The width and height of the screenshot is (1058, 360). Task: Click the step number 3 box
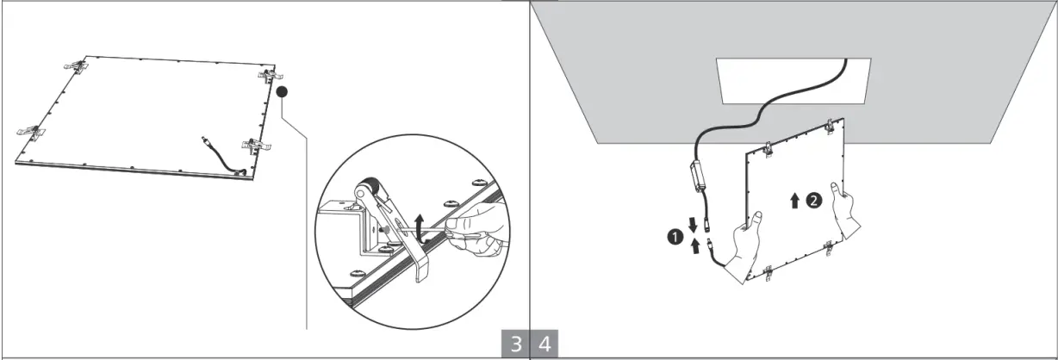[x=515, y=344]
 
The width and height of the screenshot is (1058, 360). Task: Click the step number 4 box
[x=544, y=344]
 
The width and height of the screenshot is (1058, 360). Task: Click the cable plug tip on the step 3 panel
[x=204, y=138]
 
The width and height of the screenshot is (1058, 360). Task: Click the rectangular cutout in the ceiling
[x=793, y=80]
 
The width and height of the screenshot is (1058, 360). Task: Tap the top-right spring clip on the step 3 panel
[x=271, y=75]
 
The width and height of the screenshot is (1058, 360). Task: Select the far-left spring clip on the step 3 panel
[x=31, y=133]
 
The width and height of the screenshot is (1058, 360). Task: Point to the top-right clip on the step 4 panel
[x=831, y=126]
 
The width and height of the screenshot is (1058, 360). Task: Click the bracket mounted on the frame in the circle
[x=349, y=228]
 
